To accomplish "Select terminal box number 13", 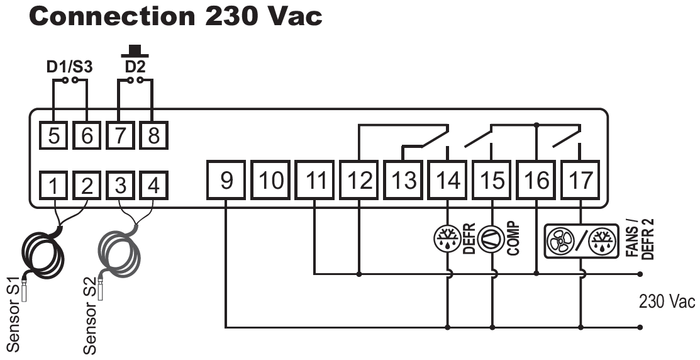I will (404, 179).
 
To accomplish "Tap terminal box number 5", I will (54, 135).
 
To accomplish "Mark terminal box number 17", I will (580, 179).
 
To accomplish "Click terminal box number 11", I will (315, 179).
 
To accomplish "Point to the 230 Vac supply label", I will (667, 301).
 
